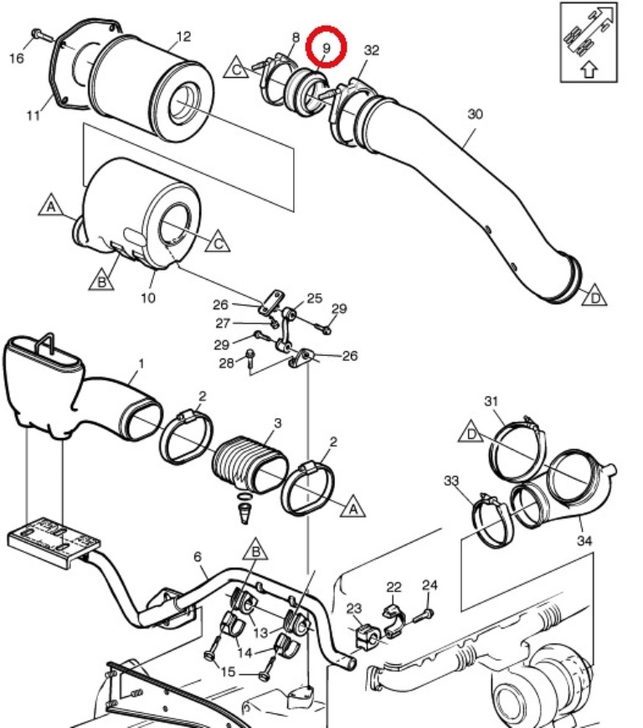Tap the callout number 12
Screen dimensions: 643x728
tap(183, 36)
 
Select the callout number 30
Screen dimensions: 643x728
tap(475, 114)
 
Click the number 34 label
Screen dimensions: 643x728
tap(584, 540)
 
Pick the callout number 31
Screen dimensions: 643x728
tap(491, 401)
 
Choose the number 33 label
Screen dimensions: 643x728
tap(451, 481)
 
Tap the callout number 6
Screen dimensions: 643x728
tap(198, 556)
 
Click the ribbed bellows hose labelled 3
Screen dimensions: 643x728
tap(249, 464)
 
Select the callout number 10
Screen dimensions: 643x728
tap(148, 297)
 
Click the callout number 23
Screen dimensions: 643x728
tap(354, 607)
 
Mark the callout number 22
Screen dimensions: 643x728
tap(394, 587)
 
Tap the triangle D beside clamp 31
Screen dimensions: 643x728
tap(471, 432)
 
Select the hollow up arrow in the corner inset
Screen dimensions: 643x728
tap(589, 70)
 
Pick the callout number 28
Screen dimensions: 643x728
tap(226, 363)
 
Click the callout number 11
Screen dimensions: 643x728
tap(33, 115)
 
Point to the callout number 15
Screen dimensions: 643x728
tap(228, 672)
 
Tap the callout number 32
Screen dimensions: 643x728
tap(372, 49)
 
